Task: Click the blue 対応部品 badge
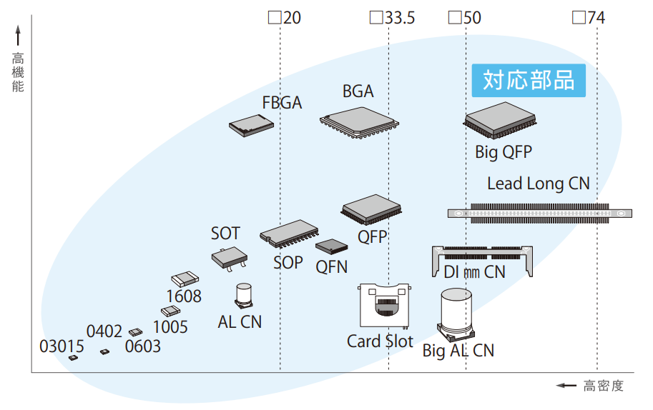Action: point(529,80)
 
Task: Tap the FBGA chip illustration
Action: point(251,126)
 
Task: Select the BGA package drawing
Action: point(359,122)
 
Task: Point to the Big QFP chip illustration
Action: point(500,120)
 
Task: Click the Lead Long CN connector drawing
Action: point(540,214)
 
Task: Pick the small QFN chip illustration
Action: point(331,246)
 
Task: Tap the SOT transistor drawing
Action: point(230,259)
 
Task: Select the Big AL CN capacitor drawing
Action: point(456,314)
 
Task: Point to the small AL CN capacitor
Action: point(244,296)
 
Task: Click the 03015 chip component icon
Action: point(73,358)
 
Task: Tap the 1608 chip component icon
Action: point(185,279)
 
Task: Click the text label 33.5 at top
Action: point(399,18)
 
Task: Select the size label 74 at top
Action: point(596,18)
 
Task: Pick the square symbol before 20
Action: point(275,18)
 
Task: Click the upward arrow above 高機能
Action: point(18,35)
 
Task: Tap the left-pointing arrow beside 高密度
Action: point(566,386)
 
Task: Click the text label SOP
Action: point(288,263)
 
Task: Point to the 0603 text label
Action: point(143,346)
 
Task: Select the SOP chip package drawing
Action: point(290,234)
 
